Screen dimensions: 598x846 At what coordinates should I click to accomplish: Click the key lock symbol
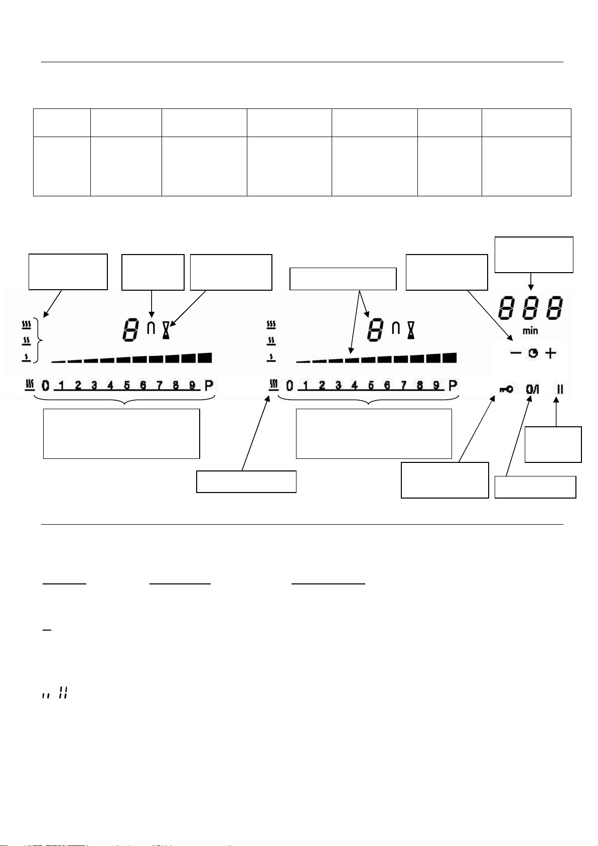coord(506,389)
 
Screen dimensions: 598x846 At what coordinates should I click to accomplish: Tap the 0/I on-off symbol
coord(532,389)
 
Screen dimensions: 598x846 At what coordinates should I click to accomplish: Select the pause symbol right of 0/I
coord(560,389)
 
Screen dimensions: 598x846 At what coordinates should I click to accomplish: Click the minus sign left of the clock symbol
coord(515,353)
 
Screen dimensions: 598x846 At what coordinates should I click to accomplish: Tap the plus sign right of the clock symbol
coord(551,353)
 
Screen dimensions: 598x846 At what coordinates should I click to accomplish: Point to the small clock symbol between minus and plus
coord(533,353)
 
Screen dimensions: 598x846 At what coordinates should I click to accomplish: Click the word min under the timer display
coord(530,331)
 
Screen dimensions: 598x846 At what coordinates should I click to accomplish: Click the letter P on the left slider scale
coord(209,386)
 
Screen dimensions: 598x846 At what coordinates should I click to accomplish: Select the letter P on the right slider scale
coord(453,386)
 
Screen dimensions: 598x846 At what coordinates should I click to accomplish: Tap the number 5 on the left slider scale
coord(127,385)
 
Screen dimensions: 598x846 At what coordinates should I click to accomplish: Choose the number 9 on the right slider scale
coord(436,385)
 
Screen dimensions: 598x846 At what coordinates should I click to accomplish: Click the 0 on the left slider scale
coord(45,386)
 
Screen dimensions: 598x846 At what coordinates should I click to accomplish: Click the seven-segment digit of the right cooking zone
coord(376,330)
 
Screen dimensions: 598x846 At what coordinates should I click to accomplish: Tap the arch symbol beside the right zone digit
coord(396,327)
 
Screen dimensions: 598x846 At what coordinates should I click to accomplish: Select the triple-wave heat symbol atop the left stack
coord(26,324)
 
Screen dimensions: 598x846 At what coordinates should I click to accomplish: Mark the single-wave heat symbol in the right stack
coord(271,357)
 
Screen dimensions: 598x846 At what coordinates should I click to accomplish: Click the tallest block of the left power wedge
coord(205,357)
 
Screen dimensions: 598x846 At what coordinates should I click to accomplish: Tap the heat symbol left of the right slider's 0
coord(273,385)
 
